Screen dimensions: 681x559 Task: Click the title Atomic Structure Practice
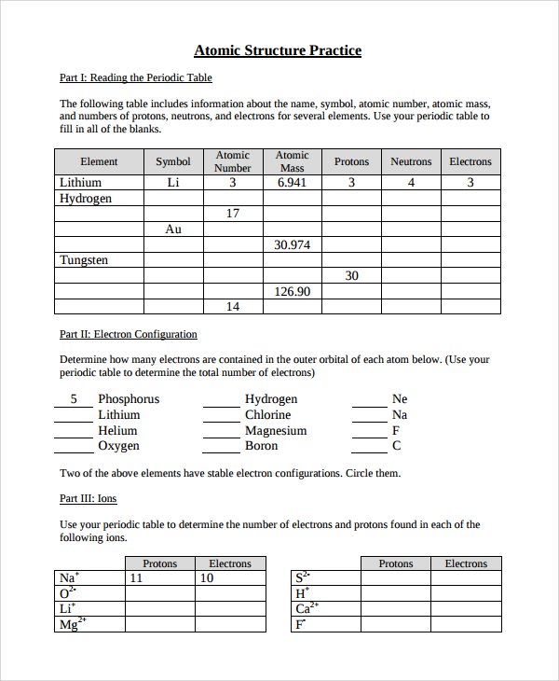pos(278,50)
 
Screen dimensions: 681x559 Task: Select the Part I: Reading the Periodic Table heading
pos(135,77)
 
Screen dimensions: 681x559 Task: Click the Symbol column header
pos(173,161)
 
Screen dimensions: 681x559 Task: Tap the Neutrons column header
pos(411,161)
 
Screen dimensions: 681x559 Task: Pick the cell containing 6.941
pos(293,183)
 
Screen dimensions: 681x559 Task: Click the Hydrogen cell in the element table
pos(86,199)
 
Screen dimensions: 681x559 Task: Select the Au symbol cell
pos(173,229)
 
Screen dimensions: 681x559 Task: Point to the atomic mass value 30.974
pos(293,244)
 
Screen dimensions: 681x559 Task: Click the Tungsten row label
pos(84,260)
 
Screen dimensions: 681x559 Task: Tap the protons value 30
pos(351,275)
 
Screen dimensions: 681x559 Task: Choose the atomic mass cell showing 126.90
pos(293,291)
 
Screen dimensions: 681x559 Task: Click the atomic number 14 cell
pos(233,306)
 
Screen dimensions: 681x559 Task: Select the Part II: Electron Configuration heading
pos(129,334)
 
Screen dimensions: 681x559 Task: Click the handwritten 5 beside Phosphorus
pos(74,398)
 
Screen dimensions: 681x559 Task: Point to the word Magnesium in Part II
pos(276,430)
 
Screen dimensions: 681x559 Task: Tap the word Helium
pos(117,430)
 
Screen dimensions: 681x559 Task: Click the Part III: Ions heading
pos(89,499)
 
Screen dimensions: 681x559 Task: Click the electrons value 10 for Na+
pos(207,578)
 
